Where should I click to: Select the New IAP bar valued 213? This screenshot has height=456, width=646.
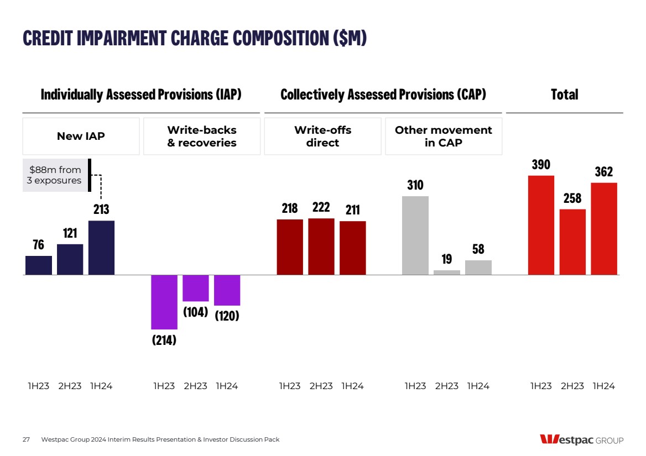click(101, 248)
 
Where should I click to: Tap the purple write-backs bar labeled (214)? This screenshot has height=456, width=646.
click(164, 302)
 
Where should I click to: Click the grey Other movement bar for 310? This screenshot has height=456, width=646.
click(415, 235)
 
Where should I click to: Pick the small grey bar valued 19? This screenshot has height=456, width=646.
click(446, 272)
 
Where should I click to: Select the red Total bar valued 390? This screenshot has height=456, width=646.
click(541, 225)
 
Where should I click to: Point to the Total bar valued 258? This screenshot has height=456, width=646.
click(572, 242)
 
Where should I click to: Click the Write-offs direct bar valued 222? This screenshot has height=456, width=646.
click(321, 247)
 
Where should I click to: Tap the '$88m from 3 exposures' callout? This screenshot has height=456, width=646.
click(54, 175)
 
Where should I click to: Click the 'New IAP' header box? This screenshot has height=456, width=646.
click(81, 136)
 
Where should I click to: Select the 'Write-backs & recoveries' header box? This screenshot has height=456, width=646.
click(202, 136)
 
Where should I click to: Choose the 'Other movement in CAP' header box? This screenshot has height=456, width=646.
click(444, 136)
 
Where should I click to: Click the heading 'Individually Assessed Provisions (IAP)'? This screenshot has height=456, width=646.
click(141, 95)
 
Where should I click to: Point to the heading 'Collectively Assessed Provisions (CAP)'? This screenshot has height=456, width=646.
click(383, 95)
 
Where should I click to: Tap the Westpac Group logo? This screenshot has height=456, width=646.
click(581, 440)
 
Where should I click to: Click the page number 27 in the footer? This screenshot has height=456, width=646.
click(26, 439)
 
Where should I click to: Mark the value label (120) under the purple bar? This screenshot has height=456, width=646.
click(227, 317)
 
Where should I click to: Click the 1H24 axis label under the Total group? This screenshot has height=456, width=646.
click(603, 386)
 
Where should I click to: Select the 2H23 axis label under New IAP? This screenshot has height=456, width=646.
click(70, 386)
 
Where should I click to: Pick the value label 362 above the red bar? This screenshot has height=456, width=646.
click(604, 171)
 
